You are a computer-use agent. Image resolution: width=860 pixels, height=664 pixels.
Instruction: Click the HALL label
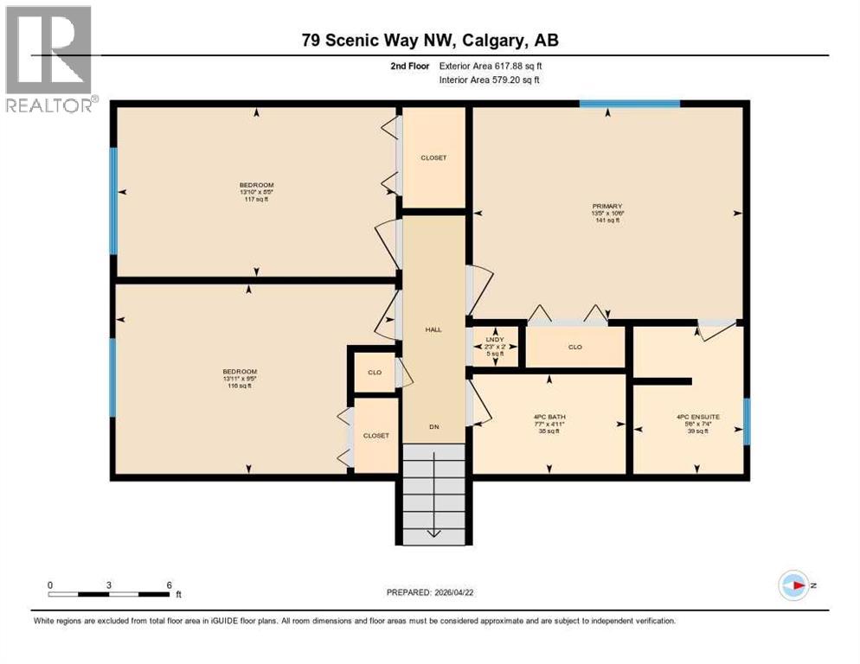(433, 329)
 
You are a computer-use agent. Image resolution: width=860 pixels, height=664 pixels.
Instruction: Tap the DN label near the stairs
(433, 427)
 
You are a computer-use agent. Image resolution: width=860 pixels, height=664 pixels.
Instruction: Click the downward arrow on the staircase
(433, 527)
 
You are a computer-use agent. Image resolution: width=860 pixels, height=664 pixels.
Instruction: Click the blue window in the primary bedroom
(629, 104)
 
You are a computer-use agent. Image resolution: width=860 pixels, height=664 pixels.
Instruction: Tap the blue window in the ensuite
(747, 421)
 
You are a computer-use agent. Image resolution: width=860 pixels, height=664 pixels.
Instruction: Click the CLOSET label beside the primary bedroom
(433, 157)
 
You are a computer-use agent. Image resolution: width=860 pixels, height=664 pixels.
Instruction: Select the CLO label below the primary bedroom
(574, 347)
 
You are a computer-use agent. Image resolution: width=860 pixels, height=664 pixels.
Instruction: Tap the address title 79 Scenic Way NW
(436, 41)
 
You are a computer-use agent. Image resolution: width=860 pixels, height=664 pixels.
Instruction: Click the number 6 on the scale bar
(169, 585)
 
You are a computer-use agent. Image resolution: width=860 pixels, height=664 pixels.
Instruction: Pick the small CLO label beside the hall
(375, 373)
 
